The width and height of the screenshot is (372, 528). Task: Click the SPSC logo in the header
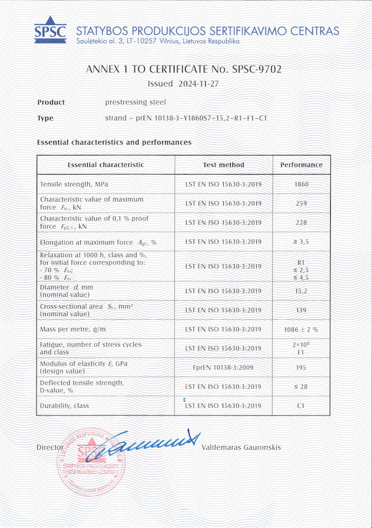point(50,28)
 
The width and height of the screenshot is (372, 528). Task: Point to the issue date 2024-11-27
point(199,84)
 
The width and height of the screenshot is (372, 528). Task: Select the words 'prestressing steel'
point(135,102)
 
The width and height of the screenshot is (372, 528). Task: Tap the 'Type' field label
point(45,118)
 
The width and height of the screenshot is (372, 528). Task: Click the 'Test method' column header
point(224,165)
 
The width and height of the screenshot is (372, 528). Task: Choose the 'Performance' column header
point(301,165)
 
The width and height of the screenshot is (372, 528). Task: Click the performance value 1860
point(301,185)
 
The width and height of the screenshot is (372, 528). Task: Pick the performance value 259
point(301,204)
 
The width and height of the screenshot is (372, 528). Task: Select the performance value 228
point(301,223)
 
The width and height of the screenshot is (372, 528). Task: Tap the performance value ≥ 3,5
point(301,242)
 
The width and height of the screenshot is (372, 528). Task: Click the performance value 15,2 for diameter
point(301,291)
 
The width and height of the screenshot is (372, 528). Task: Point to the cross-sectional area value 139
point(301,310)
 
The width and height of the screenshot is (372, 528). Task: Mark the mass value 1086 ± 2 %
point(301,330)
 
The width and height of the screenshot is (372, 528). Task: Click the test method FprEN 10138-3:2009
point(224,368)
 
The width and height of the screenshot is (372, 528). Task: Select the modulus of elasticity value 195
point(301,368)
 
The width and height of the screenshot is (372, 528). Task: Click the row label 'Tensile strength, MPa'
point(74,185)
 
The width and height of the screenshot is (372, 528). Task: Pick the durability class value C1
point(301,406)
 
